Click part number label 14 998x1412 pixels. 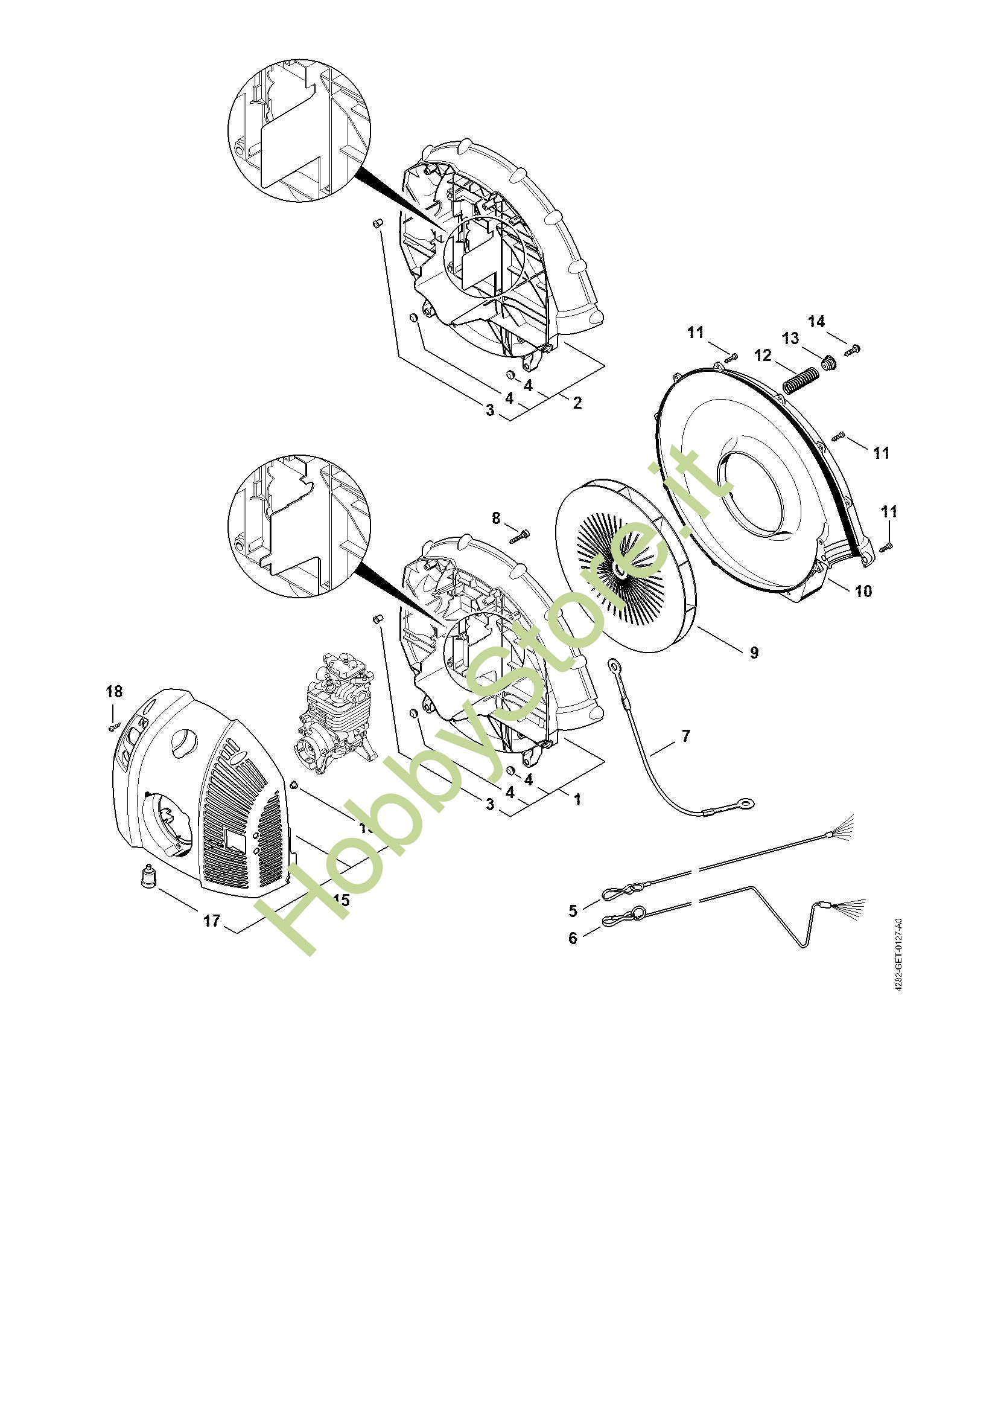(x=816, y=322)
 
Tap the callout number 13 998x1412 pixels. (x=790, y=338)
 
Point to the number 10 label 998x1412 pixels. (x=863, y=591)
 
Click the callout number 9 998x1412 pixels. (x=754, y=653)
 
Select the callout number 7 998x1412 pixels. (x=686, y=735)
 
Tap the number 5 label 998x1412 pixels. (x=573, y=910)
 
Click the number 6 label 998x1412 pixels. (x=573, y=939)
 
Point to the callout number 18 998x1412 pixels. (x=114, y=691)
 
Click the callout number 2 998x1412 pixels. (x=576, y=403)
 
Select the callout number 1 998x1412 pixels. (x=576, y=799)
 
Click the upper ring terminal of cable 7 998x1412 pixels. (x=613, y=664)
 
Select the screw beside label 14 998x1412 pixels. (x=852, y=350)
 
